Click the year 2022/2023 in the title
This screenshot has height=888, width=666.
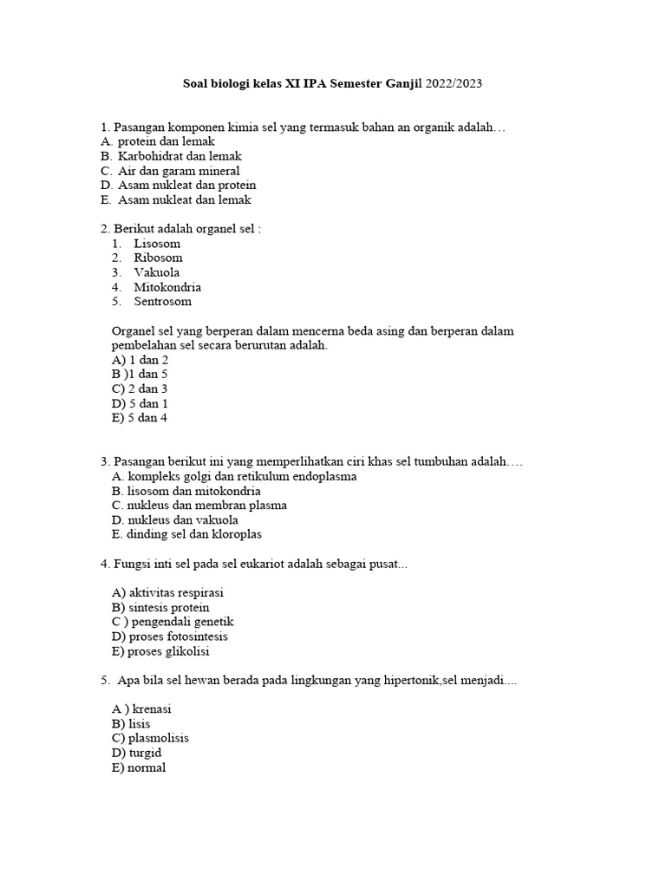coord(452,84)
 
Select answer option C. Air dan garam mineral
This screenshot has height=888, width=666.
coord(170,171)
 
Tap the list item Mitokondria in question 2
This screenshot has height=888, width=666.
coord(166,287)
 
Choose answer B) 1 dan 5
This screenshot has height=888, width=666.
coord(140,375)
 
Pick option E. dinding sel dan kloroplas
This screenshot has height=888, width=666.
coord(186,534)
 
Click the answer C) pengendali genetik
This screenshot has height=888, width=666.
coord(173,622)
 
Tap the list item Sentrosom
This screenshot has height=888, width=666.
coord(162,302)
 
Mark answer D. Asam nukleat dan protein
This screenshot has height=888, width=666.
coord(178,186)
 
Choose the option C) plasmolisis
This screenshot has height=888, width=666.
coord(150,739)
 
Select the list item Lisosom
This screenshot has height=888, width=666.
coord(157,244)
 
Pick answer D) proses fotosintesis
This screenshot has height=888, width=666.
coord(170,637)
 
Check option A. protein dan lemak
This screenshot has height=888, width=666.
coord(157,141)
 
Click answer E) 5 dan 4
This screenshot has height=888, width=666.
coord(139,418)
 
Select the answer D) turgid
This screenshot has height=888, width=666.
coord(136,754)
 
